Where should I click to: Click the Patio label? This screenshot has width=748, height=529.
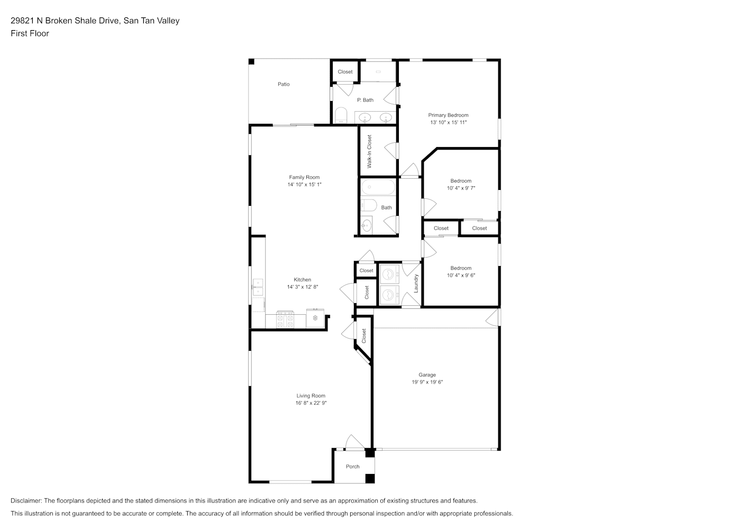[x=284, y=84]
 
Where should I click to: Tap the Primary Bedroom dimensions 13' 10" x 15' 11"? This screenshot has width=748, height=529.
[x=448, y=122]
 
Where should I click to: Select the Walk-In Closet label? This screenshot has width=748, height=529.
[x=369, y=151]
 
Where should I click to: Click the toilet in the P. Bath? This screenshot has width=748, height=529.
[x=341, y=115]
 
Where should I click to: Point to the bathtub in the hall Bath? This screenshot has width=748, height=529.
[x=378, y=187]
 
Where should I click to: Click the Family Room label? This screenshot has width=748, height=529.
[x=304, y=177]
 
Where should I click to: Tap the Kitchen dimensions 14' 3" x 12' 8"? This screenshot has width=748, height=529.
[x=303, y=287]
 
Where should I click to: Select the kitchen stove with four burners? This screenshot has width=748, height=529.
[x=285, y=320]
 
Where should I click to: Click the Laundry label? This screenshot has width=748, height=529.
[x=416, y=284]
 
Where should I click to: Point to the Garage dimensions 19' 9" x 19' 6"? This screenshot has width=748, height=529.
[x=427, y=382]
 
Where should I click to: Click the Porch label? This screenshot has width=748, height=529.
[x=353, y=467]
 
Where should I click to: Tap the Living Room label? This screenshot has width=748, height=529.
[x=311, y=396]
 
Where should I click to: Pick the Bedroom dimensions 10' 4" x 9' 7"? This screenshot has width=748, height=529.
[x=461, y=188]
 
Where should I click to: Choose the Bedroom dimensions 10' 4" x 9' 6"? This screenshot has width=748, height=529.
[x=461, y=276]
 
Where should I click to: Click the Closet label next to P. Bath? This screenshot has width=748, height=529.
[x=345, y=72]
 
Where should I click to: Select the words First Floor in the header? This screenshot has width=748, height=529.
[x=30, y=33]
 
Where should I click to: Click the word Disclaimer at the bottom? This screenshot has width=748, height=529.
[x=26, y=500]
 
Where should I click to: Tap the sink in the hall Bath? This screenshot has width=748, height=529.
[x=366, y=226]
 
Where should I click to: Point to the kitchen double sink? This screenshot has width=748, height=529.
[x=258, y=288]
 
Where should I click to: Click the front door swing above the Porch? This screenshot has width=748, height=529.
[x=354, y=442]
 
